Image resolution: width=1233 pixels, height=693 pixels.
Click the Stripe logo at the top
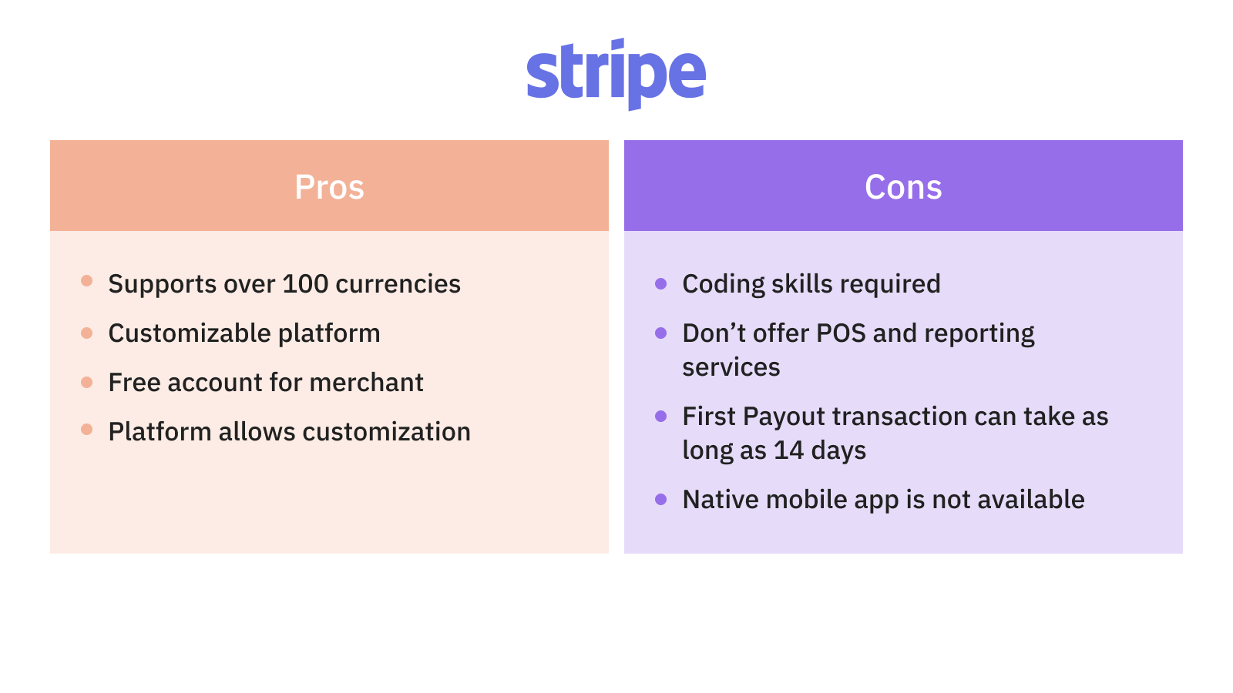[616, 74]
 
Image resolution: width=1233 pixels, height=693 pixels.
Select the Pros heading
[329, 187]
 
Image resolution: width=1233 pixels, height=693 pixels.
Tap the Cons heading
[903, 187]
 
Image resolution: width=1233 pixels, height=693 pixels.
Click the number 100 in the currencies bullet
[305, 284]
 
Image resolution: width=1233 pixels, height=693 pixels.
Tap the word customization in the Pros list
[386, 432]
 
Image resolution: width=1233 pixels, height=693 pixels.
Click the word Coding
[724, 285]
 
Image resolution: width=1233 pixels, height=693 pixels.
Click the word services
[731, 367]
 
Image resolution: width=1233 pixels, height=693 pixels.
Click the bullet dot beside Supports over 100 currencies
[86, 281]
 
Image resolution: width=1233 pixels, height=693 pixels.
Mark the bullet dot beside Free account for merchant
[86, 382]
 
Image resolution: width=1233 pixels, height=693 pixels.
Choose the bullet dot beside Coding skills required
[660, 284]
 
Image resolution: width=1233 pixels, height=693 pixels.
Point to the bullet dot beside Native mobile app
[660, 500]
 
